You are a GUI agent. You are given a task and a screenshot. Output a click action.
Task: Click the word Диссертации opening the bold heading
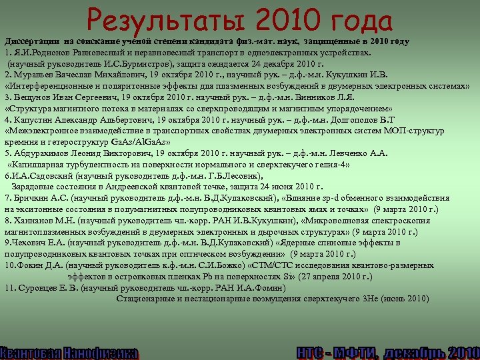[x=31, y=41]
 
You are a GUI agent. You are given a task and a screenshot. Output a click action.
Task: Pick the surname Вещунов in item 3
[x=35, y=97]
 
